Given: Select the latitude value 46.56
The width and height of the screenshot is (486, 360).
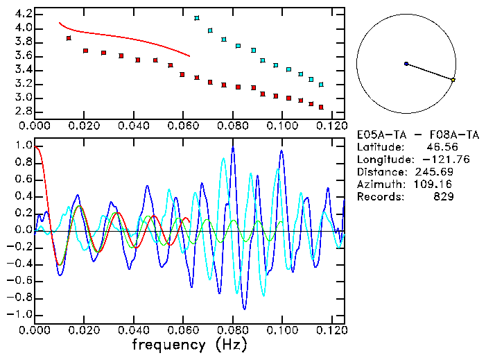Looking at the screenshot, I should click(441, 147).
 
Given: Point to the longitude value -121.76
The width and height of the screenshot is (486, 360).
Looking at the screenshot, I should click(435, 160).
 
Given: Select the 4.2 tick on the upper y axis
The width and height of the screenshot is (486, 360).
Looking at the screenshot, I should click(22, 14).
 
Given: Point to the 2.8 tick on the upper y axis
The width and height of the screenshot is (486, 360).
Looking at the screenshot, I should click(22, 111).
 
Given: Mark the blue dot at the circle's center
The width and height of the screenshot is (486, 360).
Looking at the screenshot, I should click(406, 64).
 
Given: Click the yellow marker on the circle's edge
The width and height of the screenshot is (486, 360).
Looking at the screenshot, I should click(453, 80).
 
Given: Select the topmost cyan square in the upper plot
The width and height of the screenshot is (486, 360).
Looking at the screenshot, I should click(198, 18).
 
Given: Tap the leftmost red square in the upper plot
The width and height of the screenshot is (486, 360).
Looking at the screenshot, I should click(69, 38).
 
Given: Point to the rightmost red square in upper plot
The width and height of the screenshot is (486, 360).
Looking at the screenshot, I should click(321, 108).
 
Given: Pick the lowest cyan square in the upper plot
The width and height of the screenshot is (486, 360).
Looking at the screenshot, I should click(321, 84).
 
